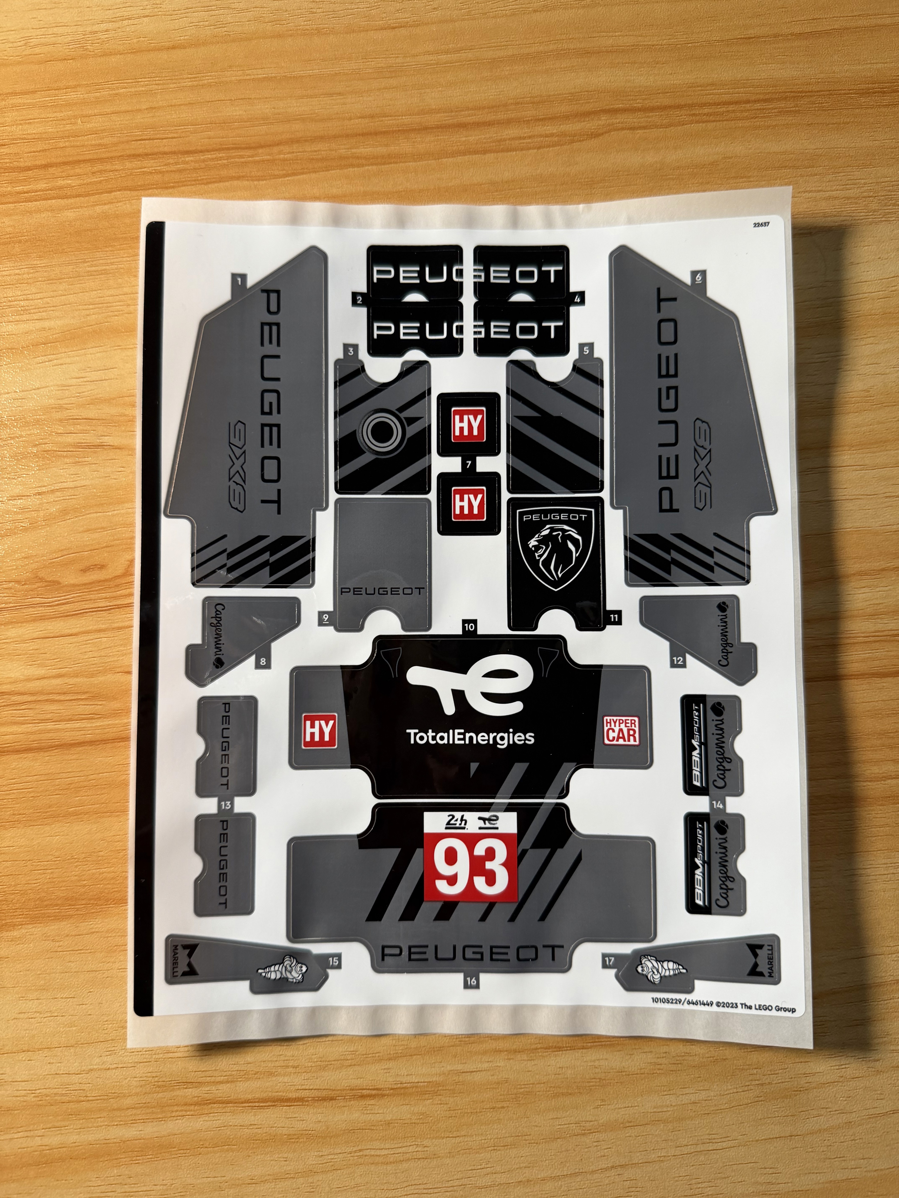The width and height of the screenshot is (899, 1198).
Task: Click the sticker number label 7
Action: (469, 465)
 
